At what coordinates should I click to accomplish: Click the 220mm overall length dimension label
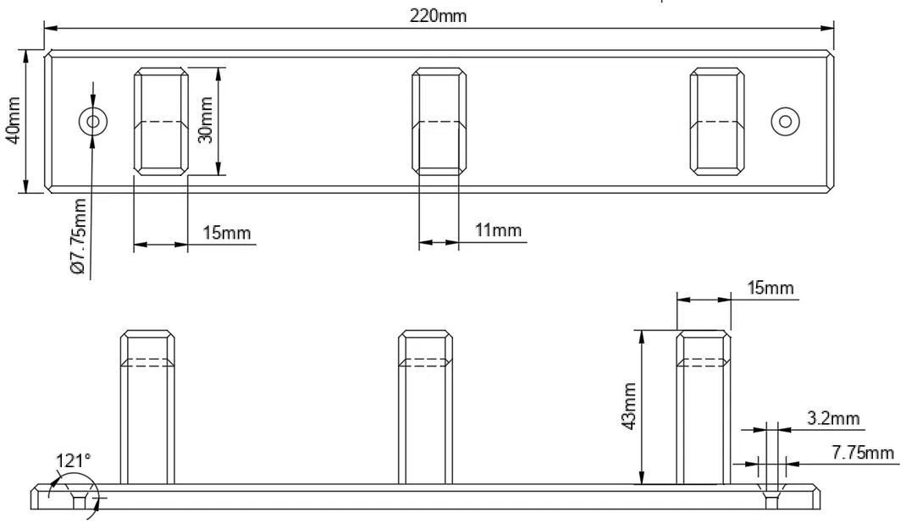point(438,16)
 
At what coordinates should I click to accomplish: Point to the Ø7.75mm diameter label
point(80,236)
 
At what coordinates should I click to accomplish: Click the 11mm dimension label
point(497,230)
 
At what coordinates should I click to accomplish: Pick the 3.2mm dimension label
point(830,418)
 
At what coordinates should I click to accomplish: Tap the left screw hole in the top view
point(92,122)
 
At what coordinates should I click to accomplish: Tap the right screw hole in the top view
point(786,122)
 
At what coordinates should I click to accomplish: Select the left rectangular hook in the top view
point(161,122)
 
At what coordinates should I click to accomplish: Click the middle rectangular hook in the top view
point(438,122)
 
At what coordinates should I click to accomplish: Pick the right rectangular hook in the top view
point(716,122)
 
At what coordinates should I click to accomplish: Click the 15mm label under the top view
point(226,234)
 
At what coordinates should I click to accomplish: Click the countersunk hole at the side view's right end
point(771,499)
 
